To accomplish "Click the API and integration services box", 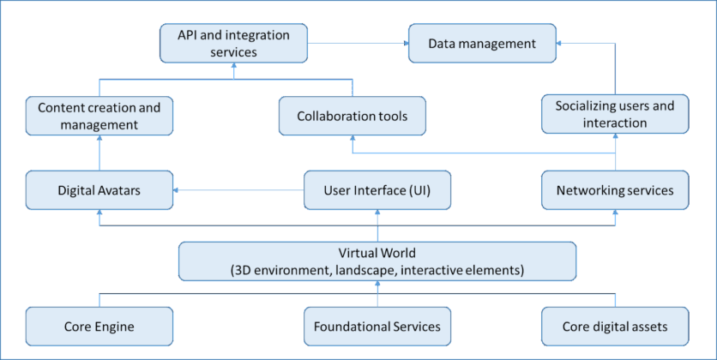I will pyautogui.click(x=233, y=44).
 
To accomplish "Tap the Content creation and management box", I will pyautogui.click(x=99, y=117).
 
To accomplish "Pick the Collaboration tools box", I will pyautogui.click(x=352, y=116).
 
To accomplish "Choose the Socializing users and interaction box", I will pyautogui.click(x=614, y=115).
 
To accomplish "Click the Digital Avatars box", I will pyautogui.click(x=99, y=190).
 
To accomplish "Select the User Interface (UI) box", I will pyautogui.click(x=377, y=190).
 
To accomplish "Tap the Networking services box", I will pyautogui.click(x=614, y=190).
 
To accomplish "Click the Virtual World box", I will pyautogui.click(x=377, y=261).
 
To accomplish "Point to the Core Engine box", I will pyautogui.click(x=99, y=327).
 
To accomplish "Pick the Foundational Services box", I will pyautogui.click(x=377, y=327).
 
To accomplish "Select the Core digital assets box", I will pyautogui.click(x=614, y=327).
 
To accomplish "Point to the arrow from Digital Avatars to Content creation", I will pyautogui.click(x=99, y=153).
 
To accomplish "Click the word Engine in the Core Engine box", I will pyautogui.click(x=116, y=327).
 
